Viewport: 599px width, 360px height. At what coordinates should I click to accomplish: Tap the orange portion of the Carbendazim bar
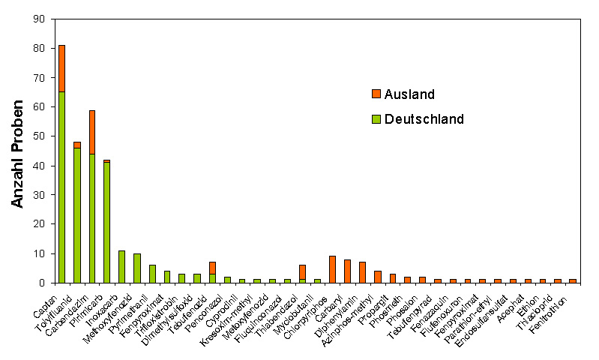91,132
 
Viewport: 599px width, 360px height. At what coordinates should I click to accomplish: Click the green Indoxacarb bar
121,267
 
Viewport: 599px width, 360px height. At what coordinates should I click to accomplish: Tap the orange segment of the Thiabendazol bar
302,272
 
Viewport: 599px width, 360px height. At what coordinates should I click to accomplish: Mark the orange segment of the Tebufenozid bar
212,268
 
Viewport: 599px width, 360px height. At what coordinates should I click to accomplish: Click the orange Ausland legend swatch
376,94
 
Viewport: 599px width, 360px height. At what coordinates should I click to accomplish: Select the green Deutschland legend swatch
376,118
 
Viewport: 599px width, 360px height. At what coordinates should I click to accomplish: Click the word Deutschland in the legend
424,118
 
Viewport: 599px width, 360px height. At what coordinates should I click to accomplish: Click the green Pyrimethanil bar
152,274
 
